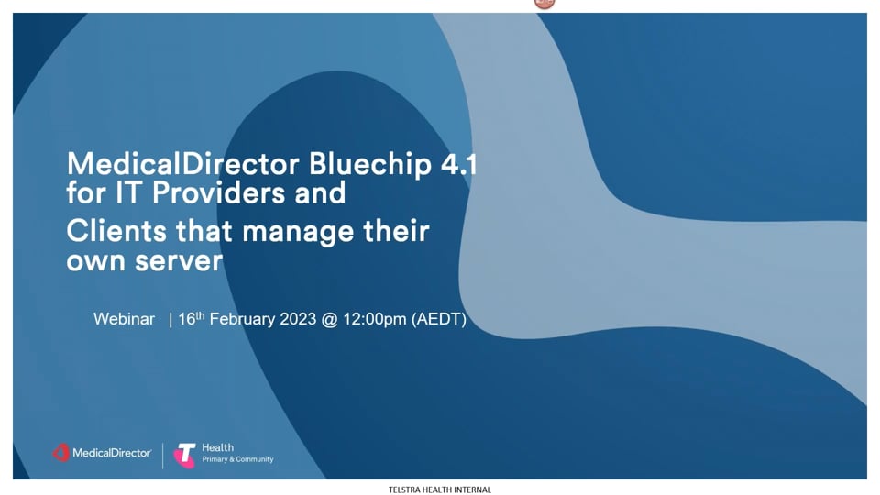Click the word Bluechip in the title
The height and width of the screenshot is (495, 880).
[x=370, y=165]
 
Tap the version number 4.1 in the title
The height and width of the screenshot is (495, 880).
[x=459, y=164]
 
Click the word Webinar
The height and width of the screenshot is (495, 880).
[x=124, y=319]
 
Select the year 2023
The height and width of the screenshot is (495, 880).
[x=298, y=319]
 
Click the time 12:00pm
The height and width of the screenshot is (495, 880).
[x=374, y=320]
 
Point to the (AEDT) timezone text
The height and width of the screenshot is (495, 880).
[x=439, y=319]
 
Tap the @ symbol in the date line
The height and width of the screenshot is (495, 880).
[x=329, y=320]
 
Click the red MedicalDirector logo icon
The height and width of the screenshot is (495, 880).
[x=61, y=453]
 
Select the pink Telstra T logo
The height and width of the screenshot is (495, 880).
[x=184, y=455]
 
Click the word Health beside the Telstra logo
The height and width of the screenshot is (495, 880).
[x=218, y=448]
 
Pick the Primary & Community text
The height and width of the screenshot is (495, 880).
[x=238, y=459]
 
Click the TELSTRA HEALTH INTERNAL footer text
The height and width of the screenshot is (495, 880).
[x=439, y=489]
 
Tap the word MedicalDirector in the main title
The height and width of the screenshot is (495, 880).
[x=183, y=164]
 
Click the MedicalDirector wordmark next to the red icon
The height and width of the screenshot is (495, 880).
[x=112, y=453]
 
